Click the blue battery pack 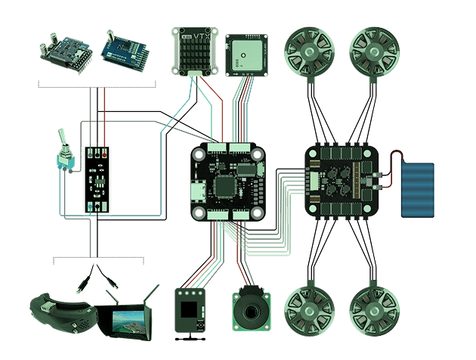click(418, 191)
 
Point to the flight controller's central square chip click(226, 185)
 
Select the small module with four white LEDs click(190, 309)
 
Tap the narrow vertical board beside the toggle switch click(97, 178)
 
